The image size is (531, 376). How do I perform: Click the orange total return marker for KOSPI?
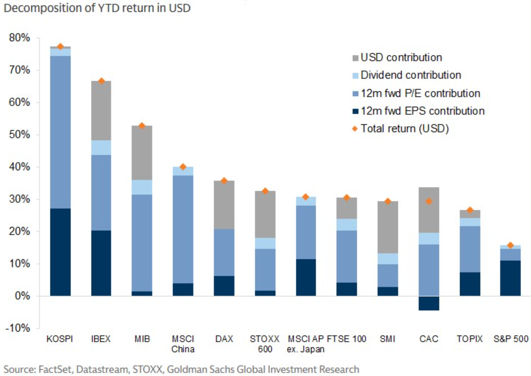pos(60,46)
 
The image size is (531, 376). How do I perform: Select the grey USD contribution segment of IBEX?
pos(101,111)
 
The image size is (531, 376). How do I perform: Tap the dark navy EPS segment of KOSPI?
pos(60,252)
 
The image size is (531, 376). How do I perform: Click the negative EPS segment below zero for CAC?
pos(428,303)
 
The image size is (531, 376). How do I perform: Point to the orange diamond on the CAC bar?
pos(428,201)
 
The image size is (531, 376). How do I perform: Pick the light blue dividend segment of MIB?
pos(142,187)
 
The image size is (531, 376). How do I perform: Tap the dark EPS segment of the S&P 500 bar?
pos(510,278)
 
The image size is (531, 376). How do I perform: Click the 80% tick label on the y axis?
pos(20,38)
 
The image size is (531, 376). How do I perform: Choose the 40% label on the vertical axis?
pos(20,167)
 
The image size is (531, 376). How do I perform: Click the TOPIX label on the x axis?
pos(469,339)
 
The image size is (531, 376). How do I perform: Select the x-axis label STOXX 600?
pos(264,344)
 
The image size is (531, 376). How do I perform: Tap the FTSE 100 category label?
pos(346,339)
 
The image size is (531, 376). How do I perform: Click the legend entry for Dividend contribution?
pos(411,75)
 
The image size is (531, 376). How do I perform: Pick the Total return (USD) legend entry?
pos(405,129)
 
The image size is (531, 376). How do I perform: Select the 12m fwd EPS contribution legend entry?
pos(422,111)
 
